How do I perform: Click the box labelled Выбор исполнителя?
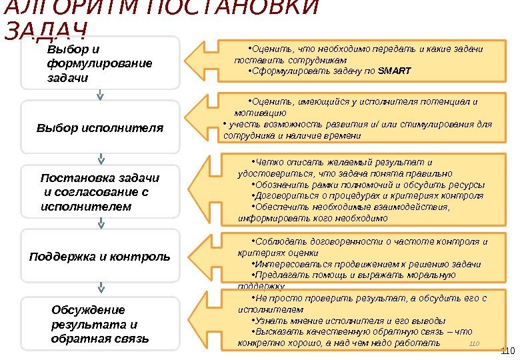click(100, 127)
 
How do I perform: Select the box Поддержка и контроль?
click(100, 257)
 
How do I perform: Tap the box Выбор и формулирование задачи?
click(100, 63)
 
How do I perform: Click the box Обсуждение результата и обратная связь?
click(100, 324)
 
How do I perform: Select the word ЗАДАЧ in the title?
click(47, 30)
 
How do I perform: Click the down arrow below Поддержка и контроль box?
click(101, 289)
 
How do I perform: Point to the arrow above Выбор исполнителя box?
click(101, 95)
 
